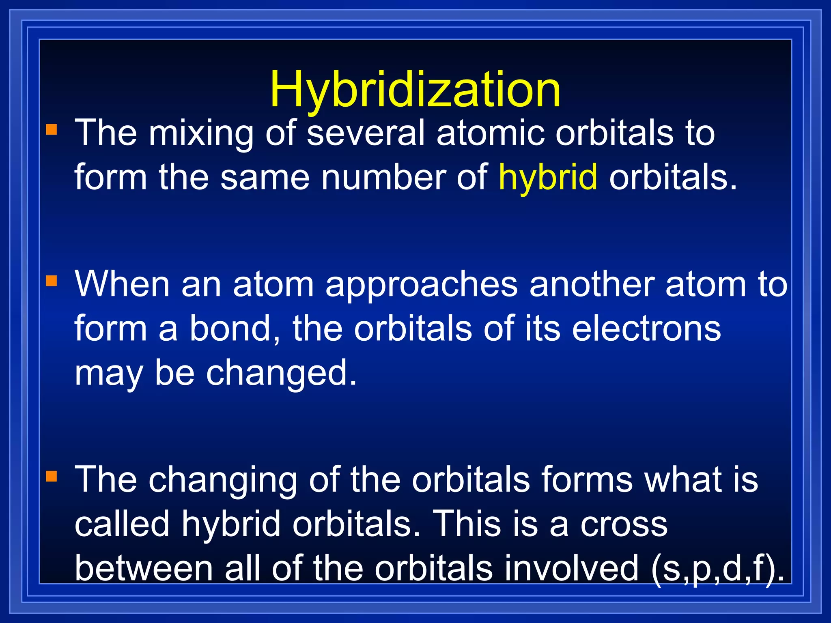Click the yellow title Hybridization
[415, 89]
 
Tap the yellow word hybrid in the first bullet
[548, 177]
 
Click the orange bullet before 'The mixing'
[52, 130]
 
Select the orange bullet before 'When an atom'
[52, 281]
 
